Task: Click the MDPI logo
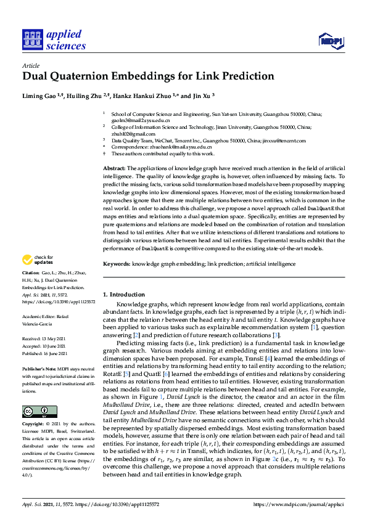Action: [330, 41]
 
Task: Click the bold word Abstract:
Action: [114, 168]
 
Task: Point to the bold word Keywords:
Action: [116, 263]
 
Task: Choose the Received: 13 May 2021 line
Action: [46, 338]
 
